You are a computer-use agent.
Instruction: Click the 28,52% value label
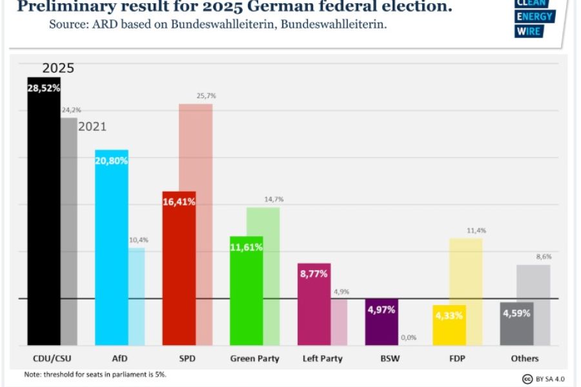point(43,88)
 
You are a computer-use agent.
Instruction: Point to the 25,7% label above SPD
point(206,95)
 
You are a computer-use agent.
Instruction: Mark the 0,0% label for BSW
point(408,337)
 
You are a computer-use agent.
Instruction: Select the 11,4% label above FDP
point(476,230)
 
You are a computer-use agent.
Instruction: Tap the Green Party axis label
point(256,359)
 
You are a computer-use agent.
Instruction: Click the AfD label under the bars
point(120,359)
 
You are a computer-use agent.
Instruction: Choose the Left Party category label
point(323,359)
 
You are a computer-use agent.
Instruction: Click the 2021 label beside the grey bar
point(92,127)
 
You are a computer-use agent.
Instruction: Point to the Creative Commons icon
point(527,378)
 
